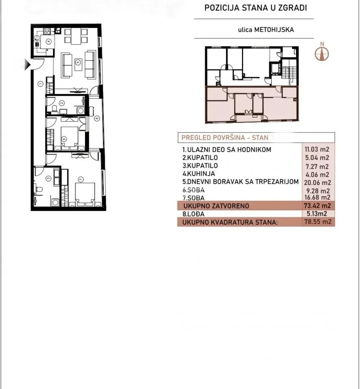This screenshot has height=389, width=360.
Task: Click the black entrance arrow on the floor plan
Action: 27,65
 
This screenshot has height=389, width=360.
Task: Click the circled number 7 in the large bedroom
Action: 80,179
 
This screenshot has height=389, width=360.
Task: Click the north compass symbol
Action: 322,52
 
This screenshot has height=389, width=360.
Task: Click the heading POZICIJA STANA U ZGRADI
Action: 256,8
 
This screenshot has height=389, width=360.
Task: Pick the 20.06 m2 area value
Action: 317,182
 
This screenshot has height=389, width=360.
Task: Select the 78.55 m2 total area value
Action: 317,222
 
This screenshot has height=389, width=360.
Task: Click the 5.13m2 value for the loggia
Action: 317,214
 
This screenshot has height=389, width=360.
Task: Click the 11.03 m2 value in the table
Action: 317,149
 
